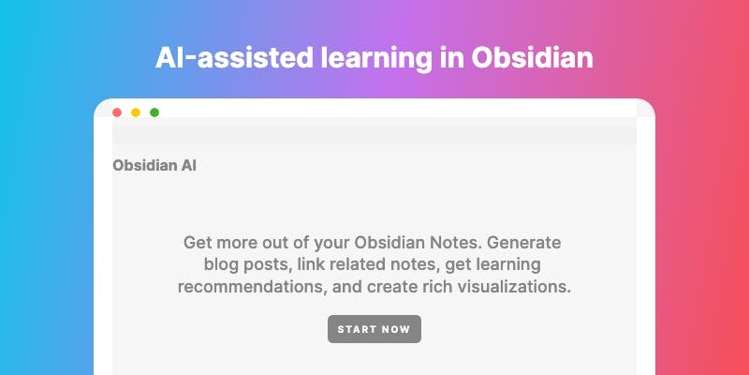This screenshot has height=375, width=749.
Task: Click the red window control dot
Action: click(x=117, y=112)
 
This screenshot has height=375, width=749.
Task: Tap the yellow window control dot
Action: click(x=136, y=112)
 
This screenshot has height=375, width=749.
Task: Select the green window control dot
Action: click(x=154, y=112)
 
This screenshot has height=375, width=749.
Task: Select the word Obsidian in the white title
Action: click(x=532, y=57)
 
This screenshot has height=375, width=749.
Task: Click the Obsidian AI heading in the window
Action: click(x=154, y=166)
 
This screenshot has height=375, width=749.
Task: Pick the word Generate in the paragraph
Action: click(x=523, y=243)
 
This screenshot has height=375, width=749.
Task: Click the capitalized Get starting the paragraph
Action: click(x=198, y=243)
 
